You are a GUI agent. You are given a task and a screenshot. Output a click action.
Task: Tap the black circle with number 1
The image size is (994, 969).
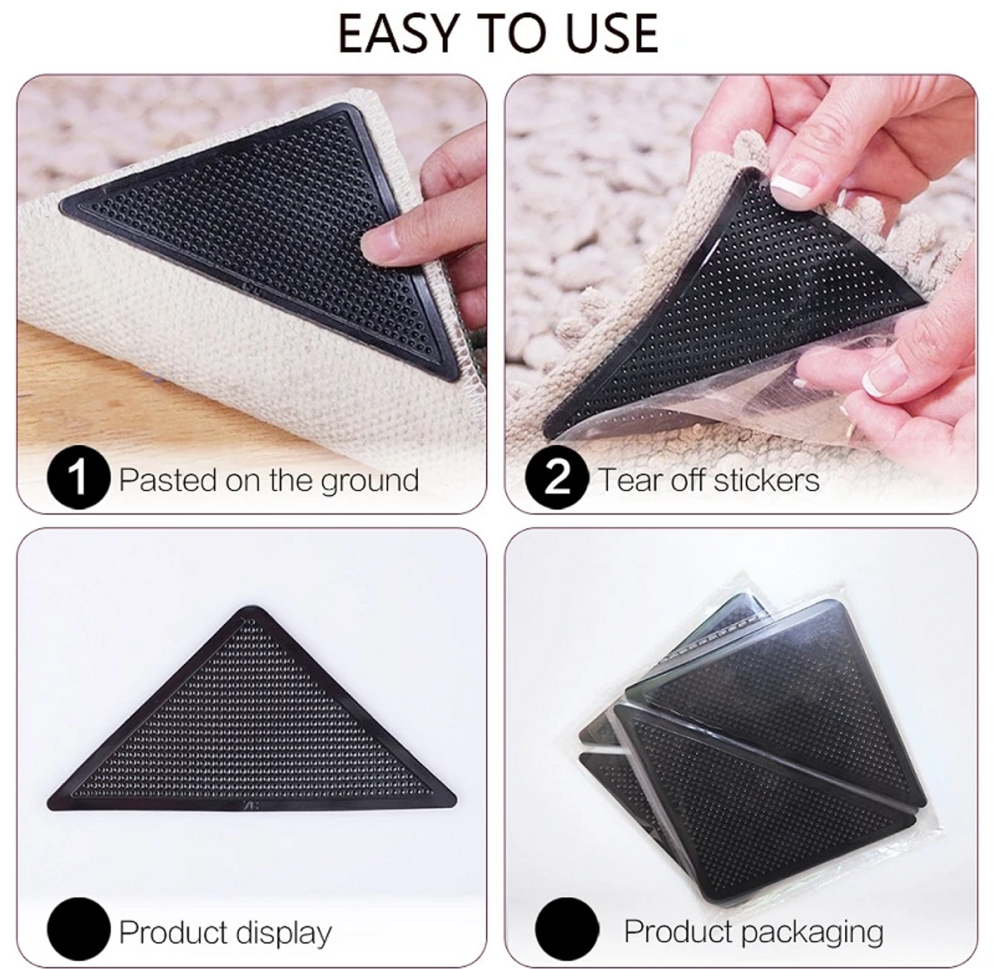tap(79, 478)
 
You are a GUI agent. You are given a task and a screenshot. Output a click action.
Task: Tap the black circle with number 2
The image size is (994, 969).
tap(557, 478)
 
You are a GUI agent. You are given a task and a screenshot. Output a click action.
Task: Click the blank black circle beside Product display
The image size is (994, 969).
tap(79, 929)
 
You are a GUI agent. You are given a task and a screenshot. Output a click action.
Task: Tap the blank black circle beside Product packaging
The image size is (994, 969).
tap(567, 929)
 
